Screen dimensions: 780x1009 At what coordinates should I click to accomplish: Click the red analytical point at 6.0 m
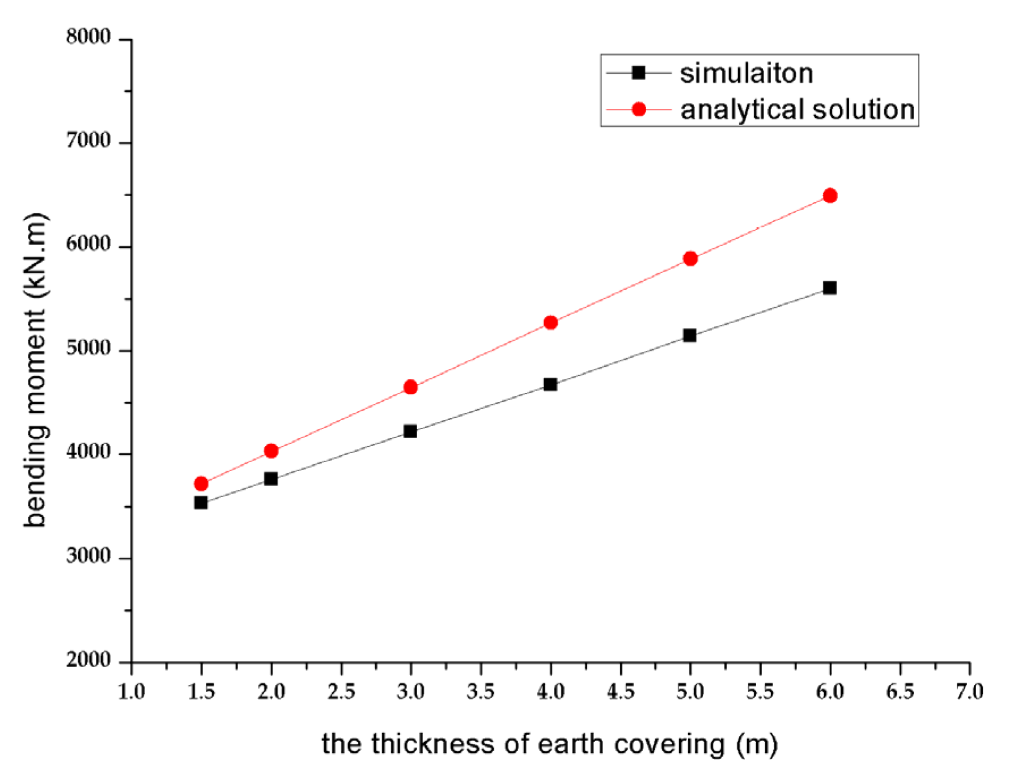(829, 196)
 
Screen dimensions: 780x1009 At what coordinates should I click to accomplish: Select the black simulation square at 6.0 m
(829, 288)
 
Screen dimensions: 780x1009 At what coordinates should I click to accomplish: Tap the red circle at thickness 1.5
(201, 484)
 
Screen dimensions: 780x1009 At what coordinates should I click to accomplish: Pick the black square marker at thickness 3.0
(410, 431)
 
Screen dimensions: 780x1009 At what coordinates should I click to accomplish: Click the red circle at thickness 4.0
(550, 323)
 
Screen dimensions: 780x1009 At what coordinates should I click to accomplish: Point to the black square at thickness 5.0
(689, 336)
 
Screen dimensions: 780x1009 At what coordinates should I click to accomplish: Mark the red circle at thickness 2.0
(271, 451)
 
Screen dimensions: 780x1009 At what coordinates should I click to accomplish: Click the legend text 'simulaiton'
(746, 74)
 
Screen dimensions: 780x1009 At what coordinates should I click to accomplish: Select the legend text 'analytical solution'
(797, 109)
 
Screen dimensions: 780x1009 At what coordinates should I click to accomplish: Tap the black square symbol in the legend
(638, 73)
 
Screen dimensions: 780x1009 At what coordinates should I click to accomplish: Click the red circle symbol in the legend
(638, 109)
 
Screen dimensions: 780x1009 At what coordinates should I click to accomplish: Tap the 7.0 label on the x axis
(969, 692)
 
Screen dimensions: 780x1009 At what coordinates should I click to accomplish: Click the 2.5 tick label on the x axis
(341, 692)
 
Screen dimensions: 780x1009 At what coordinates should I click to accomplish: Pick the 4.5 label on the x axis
(620, 692)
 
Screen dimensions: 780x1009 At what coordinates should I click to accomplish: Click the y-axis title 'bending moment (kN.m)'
(35, 370)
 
